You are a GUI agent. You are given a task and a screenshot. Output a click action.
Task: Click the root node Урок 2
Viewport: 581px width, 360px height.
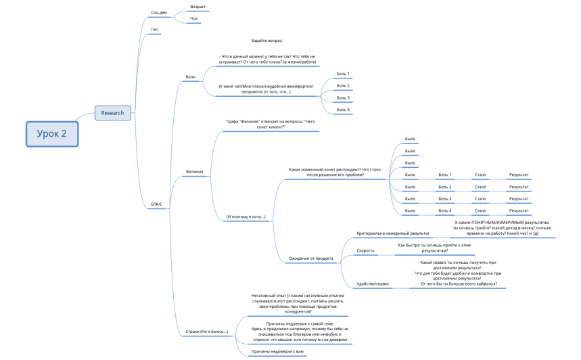point(53,133)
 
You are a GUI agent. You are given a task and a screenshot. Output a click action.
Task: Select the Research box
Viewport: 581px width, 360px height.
point(113,112)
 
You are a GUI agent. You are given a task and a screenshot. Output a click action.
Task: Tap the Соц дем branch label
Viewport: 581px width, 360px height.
point(159,13)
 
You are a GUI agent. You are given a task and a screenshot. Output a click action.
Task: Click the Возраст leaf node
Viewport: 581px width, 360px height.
point(198,7)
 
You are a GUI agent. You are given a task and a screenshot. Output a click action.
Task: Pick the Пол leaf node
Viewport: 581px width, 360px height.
point(194,18)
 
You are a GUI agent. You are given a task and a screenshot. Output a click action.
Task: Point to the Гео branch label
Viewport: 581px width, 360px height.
point(155,30)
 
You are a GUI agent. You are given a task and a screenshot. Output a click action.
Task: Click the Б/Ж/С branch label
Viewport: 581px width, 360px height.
point(156,204)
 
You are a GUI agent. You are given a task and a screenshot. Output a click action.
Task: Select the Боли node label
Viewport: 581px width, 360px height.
point(190,77)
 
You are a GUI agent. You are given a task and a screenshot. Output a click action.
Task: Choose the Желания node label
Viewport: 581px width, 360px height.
point(194,172)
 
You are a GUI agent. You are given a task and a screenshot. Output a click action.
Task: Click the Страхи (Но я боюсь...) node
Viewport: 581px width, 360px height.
point(206,332)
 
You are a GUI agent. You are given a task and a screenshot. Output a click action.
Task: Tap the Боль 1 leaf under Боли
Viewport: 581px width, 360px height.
point(343,74)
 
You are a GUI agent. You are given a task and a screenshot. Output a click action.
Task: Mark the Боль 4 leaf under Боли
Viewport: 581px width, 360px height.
point(343,110)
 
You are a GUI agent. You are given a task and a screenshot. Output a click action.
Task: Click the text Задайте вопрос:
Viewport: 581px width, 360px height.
point(266,41)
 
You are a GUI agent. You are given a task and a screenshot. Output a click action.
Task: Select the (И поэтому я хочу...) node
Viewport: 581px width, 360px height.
point(246,217)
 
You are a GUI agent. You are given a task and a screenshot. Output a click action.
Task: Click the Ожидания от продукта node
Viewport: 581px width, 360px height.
point(310,258)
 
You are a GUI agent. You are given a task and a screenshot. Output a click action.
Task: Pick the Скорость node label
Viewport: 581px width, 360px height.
point(365,250)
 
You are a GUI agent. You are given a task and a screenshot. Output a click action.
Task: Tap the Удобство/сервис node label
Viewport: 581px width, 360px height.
point(373,284)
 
